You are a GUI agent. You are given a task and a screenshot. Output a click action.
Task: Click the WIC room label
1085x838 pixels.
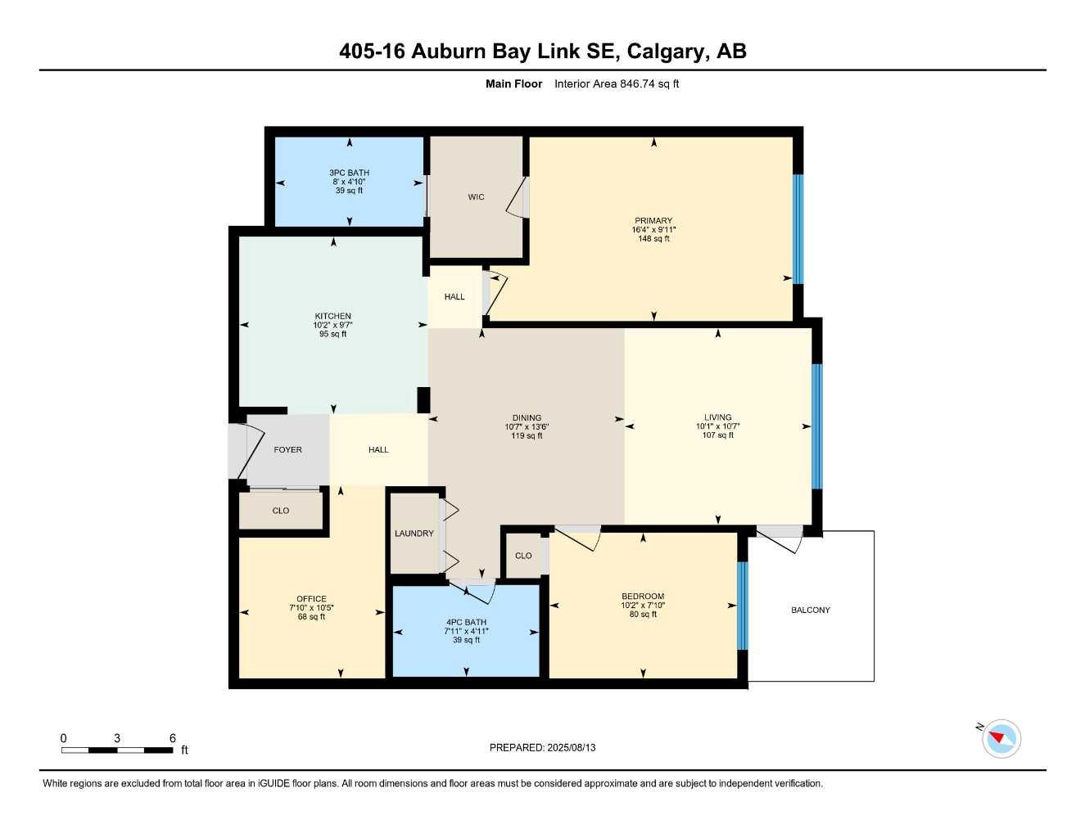[x=476, y=197]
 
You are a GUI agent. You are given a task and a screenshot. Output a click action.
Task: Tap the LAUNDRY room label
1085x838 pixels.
[x=414, y=534]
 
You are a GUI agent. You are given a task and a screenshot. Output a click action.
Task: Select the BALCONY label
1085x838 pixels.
[x=810, y=610]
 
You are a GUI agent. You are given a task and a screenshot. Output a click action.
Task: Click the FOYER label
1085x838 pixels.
[x=287, y=450]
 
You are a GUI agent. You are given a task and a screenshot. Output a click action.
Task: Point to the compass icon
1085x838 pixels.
[x=1001, y=739]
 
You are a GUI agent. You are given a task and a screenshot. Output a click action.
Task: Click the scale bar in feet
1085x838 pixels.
[x=117, y=750]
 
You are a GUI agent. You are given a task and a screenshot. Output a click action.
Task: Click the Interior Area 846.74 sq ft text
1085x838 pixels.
[x=617, y=83]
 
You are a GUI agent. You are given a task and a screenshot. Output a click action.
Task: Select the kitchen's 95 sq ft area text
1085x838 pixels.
[x=332, y=334]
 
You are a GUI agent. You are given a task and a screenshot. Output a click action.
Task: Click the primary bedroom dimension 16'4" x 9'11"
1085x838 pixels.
[x=653, y=230]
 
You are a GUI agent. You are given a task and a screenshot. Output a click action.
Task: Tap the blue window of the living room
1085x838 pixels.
[x=816, y=426]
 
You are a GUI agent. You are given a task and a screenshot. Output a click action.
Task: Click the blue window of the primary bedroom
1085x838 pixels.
[x=798, y=229]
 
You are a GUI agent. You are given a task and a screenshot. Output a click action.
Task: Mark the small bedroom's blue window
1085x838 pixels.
[x=743, y=606]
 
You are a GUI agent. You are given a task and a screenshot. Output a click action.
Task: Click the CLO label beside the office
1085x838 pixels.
[x=280, y=511]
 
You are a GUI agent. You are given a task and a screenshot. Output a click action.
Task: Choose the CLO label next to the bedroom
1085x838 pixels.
[x=523, y=556]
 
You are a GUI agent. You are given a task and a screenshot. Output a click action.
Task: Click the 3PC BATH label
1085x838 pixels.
[x=349, y=173]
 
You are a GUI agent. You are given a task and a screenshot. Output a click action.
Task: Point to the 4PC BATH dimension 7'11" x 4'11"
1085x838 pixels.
[x=466, y=631]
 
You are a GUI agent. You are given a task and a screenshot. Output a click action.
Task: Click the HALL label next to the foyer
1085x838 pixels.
[x=378, y=450]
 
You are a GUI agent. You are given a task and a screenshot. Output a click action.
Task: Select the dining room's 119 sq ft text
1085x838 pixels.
[x=527, y=436]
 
